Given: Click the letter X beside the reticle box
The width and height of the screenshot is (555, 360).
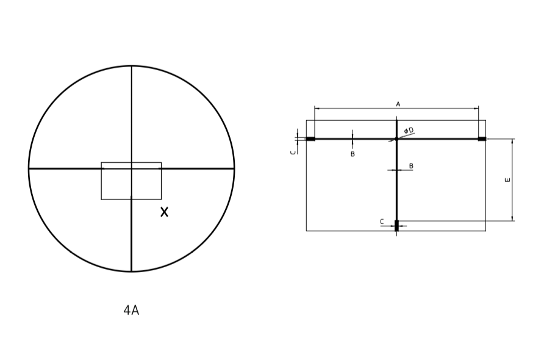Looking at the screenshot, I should click(x=164, y=212).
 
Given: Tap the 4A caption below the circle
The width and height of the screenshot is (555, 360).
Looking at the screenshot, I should click(x=131, y=310).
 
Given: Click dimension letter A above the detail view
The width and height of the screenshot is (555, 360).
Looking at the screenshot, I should click(x=398, y=104).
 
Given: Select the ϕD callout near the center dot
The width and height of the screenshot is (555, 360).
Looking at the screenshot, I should click(x=409, y=131).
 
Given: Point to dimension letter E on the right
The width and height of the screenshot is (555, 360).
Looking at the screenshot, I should click(x=508, y=179).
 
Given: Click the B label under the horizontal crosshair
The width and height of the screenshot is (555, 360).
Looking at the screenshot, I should click(x=353, y=154).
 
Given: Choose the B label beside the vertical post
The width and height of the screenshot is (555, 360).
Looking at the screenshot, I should click(x=411, y=166).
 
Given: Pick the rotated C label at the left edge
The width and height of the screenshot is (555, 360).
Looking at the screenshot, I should click(x=293, y=152).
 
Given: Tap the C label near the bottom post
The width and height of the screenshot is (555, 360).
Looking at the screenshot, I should click(x=382, y=221).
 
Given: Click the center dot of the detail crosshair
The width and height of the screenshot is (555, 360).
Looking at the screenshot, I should click(x=396, y=139).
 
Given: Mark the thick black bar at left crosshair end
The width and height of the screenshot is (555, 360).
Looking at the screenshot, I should click(x=310, y=139).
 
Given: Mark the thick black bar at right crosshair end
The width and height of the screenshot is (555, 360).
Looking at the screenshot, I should click(x=482, y=139).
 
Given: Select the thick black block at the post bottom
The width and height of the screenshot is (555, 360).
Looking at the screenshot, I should click(x=396, y=226).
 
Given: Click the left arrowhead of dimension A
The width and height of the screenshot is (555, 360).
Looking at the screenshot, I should click(x=316, y=109).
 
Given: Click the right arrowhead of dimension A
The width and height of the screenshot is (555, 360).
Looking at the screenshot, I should click(x=477, y=109).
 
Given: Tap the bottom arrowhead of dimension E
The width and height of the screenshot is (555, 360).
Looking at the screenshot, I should click(x=512, y=219).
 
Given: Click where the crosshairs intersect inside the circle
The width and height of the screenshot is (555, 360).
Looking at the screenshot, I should click(x=131, y=168).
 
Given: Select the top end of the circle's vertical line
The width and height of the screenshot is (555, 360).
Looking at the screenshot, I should click(x=131, y=66).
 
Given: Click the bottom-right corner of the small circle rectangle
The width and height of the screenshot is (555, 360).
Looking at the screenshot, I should click(x=161, y=200).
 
